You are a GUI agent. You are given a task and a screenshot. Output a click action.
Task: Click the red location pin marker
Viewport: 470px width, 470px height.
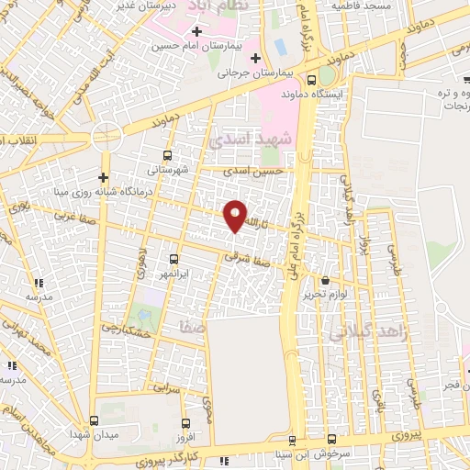tap(236, 215)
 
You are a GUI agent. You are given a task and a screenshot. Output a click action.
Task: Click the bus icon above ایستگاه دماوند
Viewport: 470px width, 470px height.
tap(313, 79)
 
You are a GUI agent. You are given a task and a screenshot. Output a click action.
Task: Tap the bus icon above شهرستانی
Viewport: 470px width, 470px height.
tap(167, 155)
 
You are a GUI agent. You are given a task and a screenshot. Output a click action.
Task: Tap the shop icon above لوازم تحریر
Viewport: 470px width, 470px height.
tap(326, 281)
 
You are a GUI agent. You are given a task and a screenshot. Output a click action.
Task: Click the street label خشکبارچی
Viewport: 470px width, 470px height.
tap(116, 319)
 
